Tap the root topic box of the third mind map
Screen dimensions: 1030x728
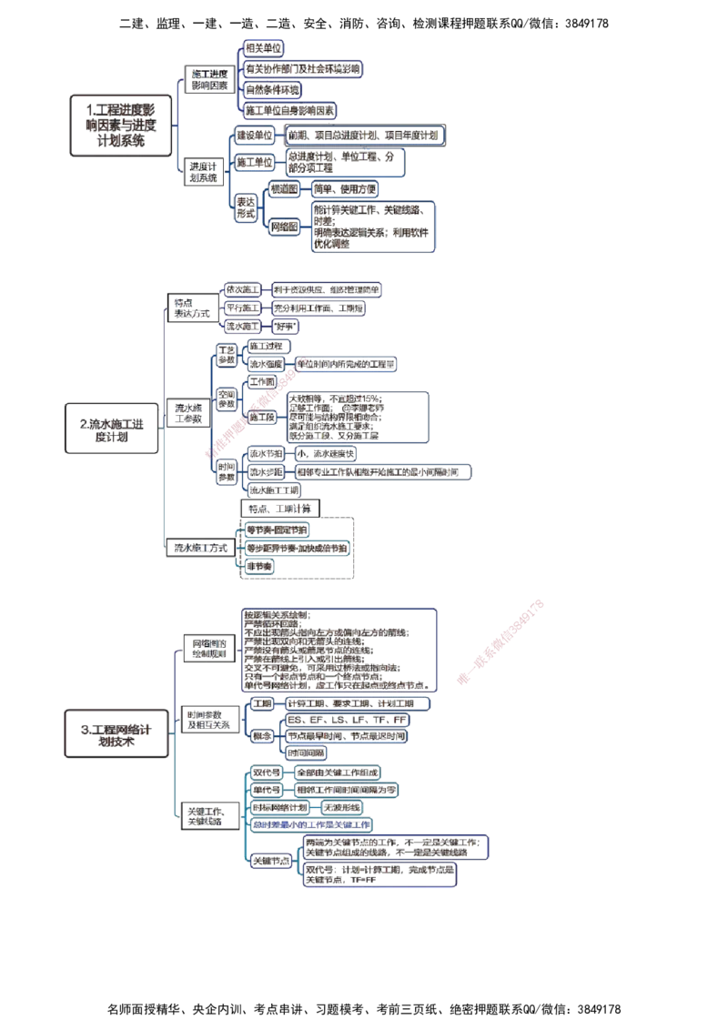click(x=116, y=732)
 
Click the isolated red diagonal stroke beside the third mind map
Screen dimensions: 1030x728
click(x=501, y=641)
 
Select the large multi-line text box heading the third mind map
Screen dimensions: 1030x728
click(x=341, y=649)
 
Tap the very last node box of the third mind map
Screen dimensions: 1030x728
click(x=379, y=875)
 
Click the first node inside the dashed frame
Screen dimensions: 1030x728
click(x=278, y=529)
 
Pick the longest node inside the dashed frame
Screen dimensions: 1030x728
click(x=297, y=548)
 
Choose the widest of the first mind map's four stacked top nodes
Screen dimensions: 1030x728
click(x=304, y=68)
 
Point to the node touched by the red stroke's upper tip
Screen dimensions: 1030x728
click(x=347, y=364)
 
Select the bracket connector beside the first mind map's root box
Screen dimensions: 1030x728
click(x=179, y=125)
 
